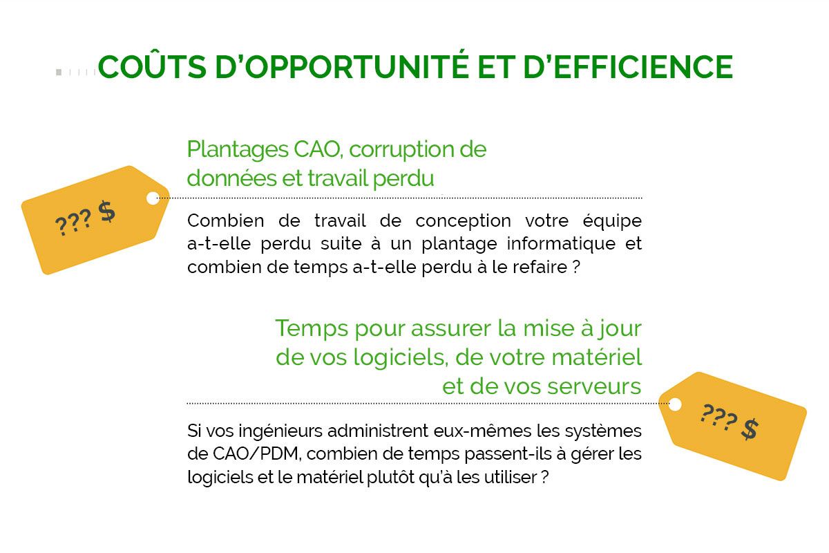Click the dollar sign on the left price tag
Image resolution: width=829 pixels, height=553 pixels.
tap(106, 211)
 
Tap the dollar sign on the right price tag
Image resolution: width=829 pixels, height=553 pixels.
tap(750, 429)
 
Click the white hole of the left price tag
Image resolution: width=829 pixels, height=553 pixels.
tap(153, 198)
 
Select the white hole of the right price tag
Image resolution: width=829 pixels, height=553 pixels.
tap(675, 404)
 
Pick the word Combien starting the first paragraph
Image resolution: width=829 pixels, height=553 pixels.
tap(219, 221)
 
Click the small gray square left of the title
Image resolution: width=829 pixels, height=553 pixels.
tap(59, 72)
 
